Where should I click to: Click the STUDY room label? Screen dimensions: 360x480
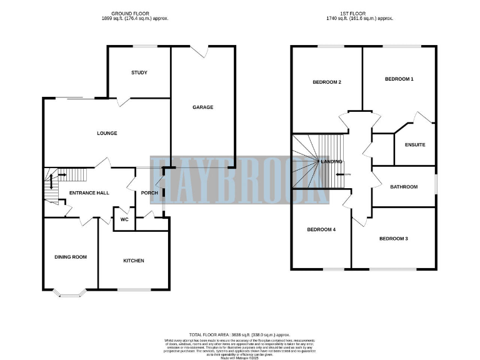pos(139,72)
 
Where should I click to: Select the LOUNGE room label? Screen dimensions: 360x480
pos(107,133)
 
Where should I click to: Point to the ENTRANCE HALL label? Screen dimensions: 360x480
pos(89,192)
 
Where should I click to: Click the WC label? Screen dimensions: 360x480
pos(124,220)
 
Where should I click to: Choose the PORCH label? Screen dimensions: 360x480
pos(149,192)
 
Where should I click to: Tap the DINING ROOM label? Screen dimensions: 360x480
pos(71,257)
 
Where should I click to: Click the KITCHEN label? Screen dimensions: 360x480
pos(134,261)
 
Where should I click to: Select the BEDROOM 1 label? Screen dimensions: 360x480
pos(399,79)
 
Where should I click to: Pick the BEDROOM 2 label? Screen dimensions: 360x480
pos(326,82)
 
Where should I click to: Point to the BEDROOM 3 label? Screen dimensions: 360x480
pos(393,239)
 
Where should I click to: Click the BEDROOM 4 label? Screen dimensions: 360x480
pos(321,229)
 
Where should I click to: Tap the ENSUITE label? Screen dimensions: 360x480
pos(415,145)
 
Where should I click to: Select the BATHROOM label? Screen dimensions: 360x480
pos(404,186)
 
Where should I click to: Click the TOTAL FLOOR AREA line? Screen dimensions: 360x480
pos(239,335)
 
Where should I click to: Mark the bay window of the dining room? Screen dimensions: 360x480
pos(66,292)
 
